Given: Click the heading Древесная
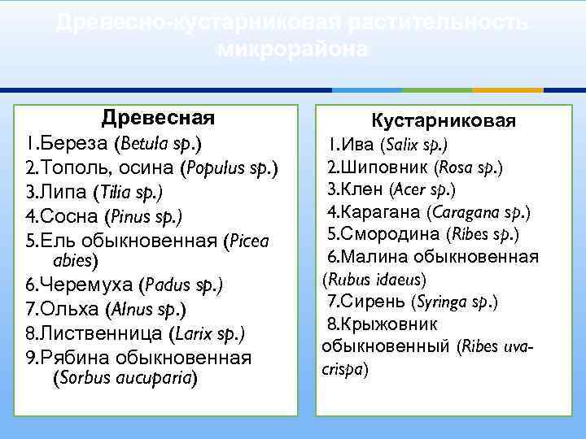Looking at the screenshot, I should point(158,119).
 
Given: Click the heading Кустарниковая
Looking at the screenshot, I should point(444,121).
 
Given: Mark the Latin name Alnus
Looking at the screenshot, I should point(130,310).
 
